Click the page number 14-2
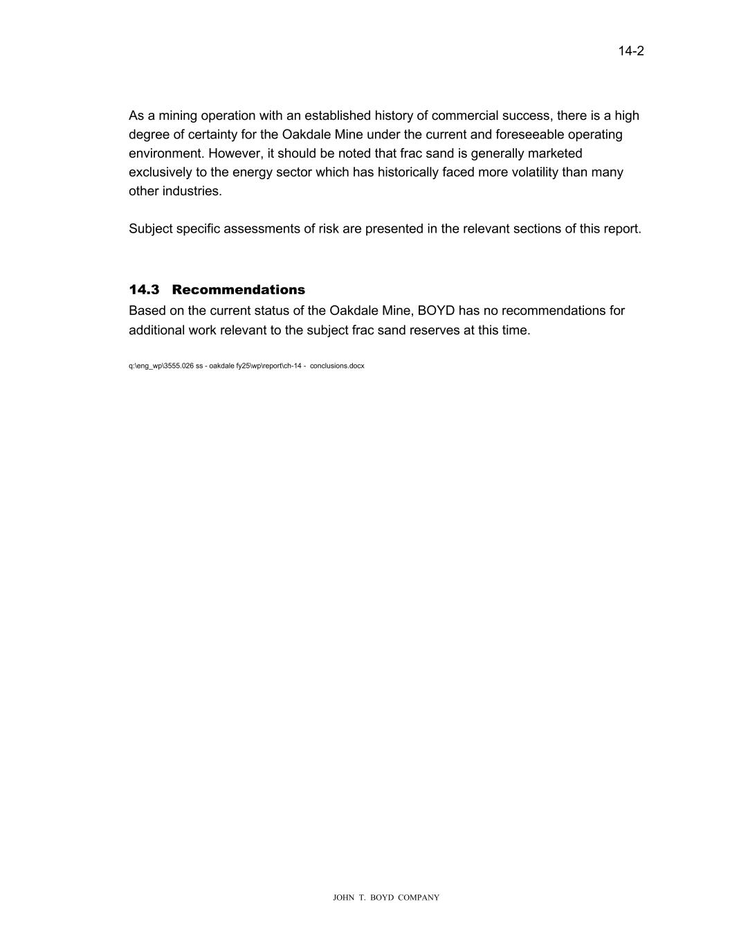pyautogui.click(x=631, y=51)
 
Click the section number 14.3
pyautogui.click(x=144, y=289)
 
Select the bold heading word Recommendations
pyautogui.click(x=238, y=289)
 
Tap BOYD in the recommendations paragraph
pyautogui.click(x=436, y=310)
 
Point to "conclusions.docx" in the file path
pyautogui.click(x=337, y=366)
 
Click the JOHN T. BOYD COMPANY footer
pyautogui.click(x=386, y=897)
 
